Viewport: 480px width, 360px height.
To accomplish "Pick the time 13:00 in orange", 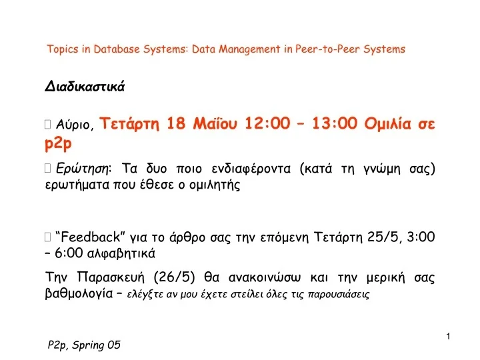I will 333,123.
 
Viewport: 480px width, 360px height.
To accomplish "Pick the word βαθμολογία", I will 77,293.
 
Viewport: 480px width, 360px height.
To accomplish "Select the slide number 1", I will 449,335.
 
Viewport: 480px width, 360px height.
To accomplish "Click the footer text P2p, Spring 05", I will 84,345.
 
